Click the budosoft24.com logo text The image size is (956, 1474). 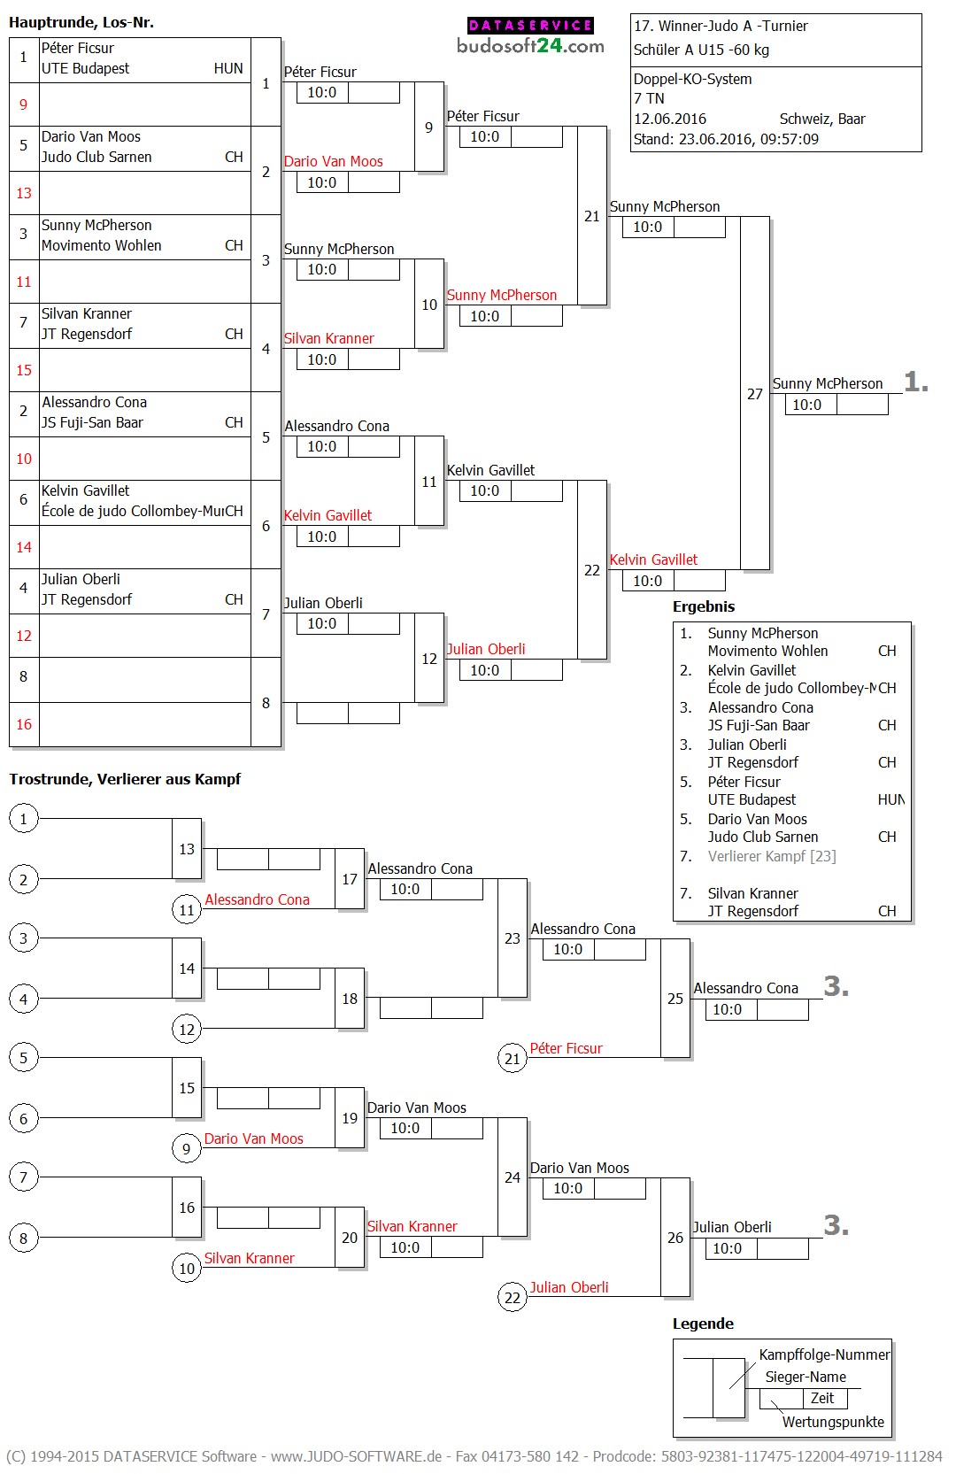click(530, 45)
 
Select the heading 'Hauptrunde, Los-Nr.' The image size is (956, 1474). click(81, 22)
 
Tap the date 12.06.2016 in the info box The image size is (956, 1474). click(670, 119)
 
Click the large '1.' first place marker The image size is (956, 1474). click(916, 382)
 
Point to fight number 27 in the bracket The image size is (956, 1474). click(754, 394)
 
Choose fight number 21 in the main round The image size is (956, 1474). click(591, 216)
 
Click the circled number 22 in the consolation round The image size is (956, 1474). click(513, 1298)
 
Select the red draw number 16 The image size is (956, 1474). click(24, 724)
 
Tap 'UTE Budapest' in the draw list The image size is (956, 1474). click(85, 68)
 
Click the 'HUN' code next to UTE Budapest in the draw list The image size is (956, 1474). click(228, 68)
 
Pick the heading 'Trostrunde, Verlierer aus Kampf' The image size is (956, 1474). click(125, 779)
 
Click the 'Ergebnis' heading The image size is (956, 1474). click(704, 606)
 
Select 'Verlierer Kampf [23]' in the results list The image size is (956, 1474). click(772, 856)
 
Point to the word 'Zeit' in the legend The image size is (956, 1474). click(822, 1398)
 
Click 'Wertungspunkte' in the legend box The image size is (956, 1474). click(833, 1422)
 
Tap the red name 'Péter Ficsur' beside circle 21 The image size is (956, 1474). click(566, 1048)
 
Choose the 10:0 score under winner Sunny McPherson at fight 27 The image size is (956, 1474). click(806, 405)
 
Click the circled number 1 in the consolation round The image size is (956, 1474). click(24, 819)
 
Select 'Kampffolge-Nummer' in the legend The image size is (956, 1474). click(824, 1354)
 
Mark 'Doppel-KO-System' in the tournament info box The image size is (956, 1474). click(692, 79)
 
